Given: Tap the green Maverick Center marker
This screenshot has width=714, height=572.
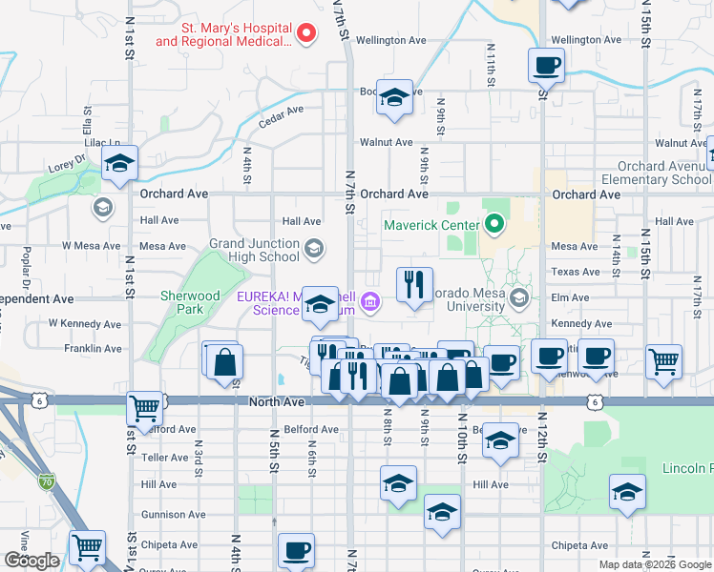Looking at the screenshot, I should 493,226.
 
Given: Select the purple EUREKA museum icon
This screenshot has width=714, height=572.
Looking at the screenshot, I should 371,304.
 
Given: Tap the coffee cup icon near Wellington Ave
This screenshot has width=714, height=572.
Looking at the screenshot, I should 546,66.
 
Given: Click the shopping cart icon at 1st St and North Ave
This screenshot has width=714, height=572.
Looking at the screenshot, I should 144,409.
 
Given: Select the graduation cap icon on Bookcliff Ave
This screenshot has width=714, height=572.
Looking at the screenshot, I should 393,98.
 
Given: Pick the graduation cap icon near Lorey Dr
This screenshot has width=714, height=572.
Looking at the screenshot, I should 119,164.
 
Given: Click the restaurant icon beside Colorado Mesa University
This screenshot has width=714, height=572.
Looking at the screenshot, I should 413,285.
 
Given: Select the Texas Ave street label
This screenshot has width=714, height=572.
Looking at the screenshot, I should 576,272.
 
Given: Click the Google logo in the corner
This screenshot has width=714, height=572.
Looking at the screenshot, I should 31,561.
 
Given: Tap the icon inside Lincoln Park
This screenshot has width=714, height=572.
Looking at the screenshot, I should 625,492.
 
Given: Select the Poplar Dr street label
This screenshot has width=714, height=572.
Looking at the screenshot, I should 21,266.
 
